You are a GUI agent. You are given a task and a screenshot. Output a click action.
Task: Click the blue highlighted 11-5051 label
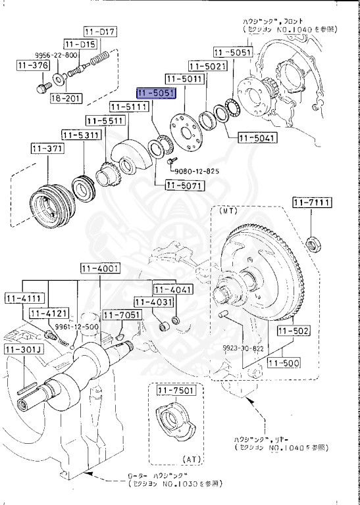[x=155, y=93]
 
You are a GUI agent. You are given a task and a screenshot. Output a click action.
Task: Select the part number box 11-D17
[x=100, y=32]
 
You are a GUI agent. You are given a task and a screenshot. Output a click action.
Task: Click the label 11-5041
[x=257, y=138]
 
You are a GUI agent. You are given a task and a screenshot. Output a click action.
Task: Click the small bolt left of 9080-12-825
[x=170, y=160]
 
